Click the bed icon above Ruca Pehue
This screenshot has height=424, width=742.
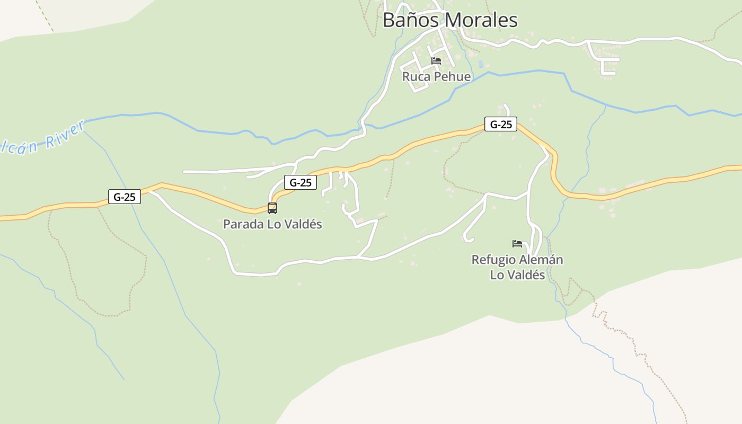tap(436, 61)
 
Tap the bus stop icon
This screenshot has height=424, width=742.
tap(272, 208)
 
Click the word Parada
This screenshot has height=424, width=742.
tap(243, 224)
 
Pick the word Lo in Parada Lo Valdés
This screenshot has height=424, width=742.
tap(273, 224)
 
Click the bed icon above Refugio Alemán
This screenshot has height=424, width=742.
tap(517, 244)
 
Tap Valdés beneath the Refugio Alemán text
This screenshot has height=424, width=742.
tap(525, 275)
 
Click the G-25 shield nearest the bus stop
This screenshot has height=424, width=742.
tap(301, 183)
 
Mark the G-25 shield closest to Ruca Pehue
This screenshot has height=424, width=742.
tap(501, 125)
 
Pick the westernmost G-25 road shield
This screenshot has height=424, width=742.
tap(125, 197)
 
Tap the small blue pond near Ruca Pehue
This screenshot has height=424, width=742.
tap(481, 64)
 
